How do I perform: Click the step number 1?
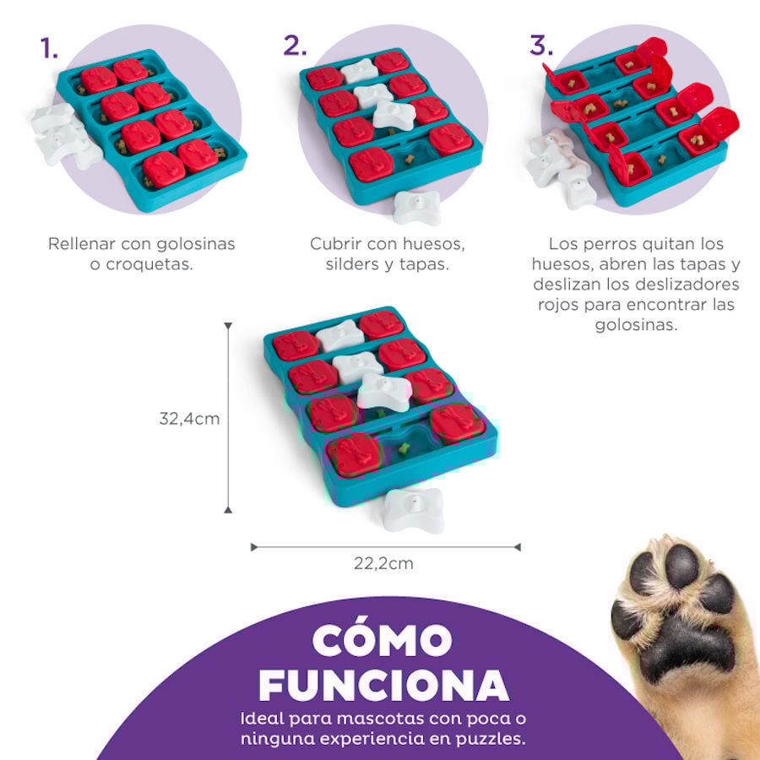[49, 48]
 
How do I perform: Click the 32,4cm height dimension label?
[189, 418]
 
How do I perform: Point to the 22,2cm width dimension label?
[383, 563]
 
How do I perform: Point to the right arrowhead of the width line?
[517, 547]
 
